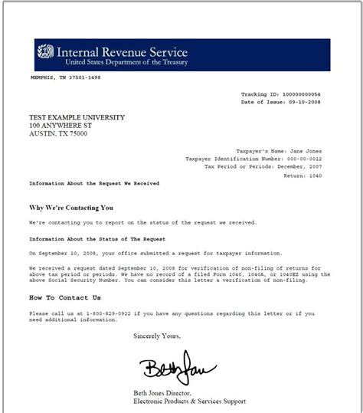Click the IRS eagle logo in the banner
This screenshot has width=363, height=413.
click(45, 54)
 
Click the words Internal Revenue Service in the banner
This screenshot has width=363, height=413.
click(122, 52)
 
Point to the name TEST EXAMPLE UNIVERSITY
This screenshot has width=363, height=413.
click(77, 117)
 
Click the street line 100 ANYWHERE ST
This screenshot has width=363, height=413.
click(59, 125)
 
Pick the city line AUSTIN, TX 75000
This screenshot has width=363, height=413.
click(58, 133)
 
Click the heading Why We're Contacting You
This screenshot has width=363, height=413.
click(71, 207)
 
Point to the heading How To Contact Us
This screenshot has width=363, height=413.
click(64, 297)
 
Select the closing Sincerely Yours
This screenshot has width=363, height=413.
click(159, 336)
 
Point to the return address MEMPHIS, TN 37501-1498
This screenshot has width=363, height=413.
click(65, 77)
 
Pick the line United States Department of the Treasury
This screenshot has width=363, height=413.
click(126, 62)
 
